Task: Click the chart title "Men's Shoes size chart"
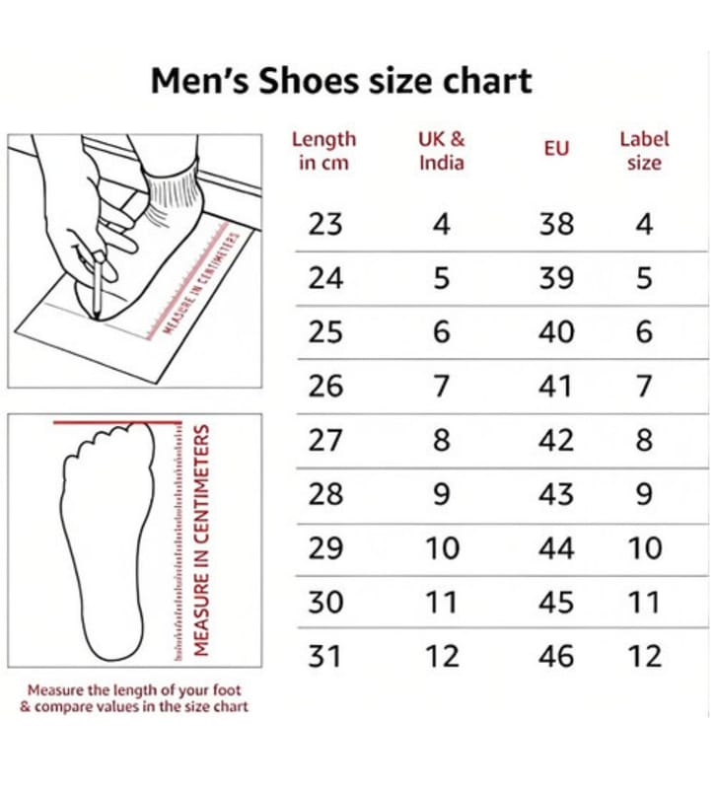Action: pos(341,81)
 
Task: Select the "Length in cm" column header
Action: pos(324,151)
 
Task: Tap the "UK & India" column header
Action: pos(441,151)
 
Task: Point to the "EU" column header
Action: pos(556,149)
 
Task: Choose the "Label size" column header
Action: pos(644,151)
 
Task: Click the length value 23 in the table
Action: pos(325,224)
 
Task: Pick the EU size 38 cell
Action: pos(556,224)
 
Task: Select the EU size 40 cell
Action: pos(556,332)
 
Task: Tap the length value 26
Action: pos(325,386)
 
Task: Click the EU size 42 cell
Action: pos(556,440)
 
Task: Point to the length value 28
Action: pos(325,494)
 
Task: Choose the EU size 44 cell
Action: pos(556,548)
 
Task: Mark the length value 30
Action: pos(325,603)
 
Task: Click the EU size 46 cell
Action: pos(556,656)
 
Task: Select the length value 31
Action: pos(324,656)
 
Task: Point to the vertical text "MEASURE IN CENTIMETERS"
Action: pos(201,540)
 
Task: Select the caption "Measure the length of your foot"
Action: pos(134,689)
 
